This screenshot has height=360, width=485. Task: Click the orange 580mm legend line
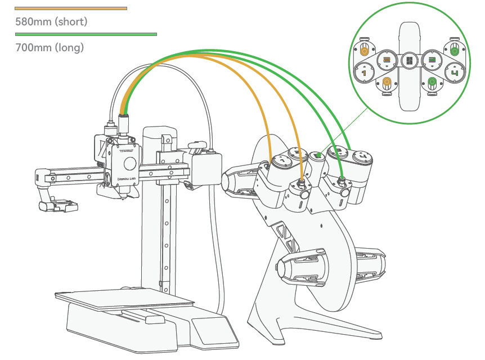click(x=71, y=8)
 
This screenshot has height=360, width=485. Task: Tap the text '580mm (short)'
click(x=51, y=22)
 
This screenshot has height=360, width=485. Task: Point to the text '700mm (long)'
click(x=50, y=48)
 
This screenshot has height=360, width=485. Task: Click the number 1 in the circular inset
click(x=363, y=72)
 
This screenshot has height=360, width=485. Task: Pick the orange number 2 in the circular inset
click(x=387, y=59)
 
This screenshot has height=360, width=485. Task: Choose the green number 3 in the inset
click(x=432, y=59)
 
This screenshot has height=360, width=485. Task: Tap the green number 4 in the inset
click(x=455, y=72)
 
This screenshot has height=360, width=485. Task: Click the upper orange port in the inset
click(x=364, y=51)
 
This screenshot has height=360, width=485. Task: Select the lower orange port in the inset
click(x=387, y=83)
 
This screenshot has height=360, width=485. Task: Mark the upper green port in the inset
click(x=454, y=51)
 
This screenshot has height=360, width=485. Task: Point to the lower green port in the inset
click(x=432, y=83)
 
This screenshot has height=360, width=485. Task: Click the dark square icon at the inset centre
click(x=409, y=60)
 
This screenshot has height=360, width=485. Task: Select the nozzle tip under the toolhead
click(x=120, y=197)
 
